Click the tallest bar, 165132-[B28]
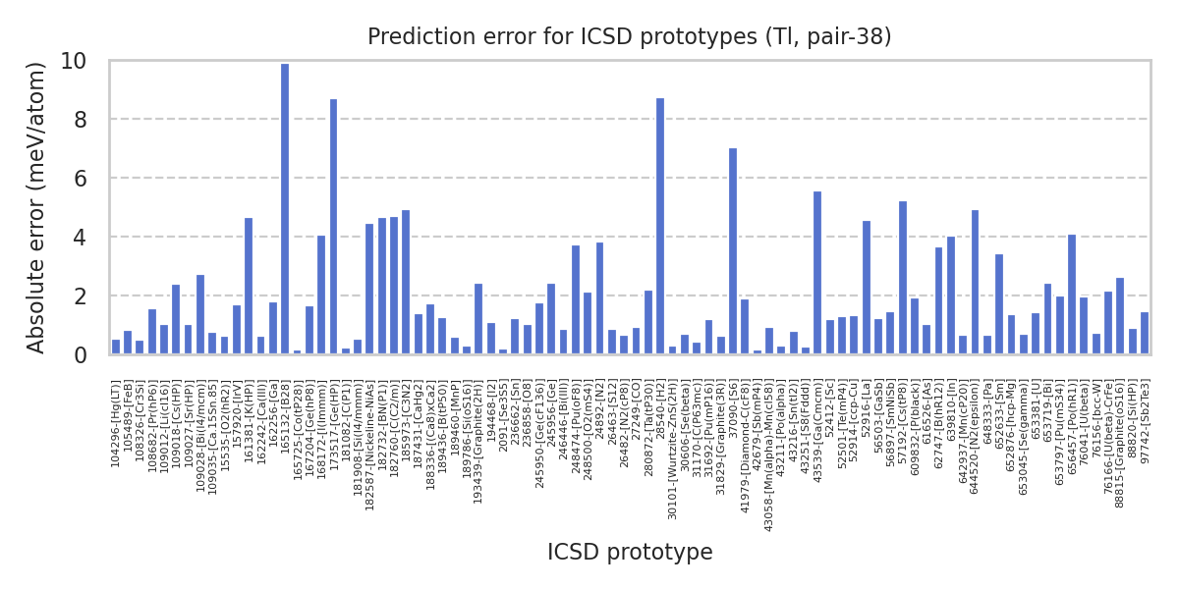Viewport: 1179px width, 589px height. coord(285,208)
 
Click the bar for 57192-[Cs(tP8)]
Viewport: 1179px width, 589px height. coord(902,277)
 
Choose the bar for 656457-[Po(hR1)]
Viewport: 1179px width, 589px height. coord(1072,294)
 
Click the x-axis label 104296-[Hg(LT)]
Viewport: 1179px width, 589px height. coord(116,422)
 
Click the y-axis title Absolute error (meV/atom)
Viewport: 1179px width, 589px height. coord(37,207)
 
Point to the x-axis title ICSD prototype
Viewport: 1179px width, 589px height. coord(630,553)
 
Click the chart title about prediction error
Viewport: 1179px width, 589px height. coord(630,37)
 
